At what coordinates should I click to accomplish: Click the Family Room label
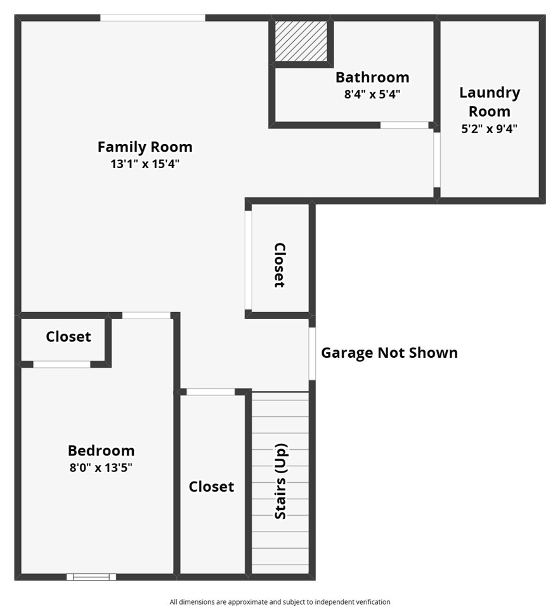[x=145, y=147]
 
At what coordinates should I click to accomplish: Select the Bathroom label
[x=372, y=77]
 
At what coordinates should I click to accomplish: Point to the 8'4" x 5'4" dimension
[x=372, y=94]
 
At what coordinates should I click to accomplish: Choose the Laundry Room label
[x=490, y=101]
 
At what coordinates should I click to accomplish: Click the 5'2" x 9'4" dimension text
[x=490, y=129]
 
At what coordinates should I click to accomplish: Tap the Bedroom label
[x=101, y=450]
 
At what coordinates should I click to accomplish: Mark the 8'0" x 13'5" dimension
[x=101, y=468]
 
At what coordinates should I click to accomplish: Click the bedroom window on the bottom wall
[x=91, y=577]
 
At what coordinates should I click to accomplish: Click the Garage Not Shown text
[x=389, y=353]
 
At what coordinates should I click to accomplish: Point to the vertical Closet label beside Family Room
[x=279, y=265]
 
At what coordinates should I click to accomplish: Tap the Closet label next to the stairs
[x=211, y=487]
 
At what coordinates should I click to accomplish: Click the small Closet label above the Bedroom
[x=68, y=337]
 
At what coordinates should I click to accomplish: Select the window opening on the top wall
[x=153, y=18]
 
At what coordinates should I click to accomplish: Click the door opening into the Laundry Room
[x=437, y=159]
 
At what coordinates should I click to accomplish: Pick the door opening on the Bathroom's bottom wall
[x=405, y=125]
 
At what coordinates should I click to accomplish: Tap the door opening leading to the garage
[x=312, y=353]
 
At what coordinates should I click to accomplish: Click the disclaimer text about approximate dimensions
[x=280, y=601]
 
